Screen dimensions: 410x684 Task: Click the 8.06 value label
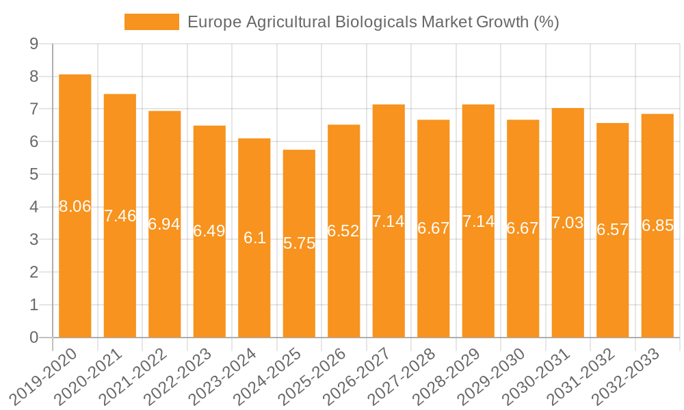click(75, 206)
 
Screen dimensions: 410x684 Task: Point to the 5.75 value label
click(299, 243)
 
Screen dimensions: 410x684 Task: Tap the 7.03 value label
click(568, 223)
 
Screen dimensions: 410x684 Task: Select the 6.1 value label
click(254, 238)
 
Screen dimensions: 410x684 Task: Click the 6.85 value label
click(657, 226)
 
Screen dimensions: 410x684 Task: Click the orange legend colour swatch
click(151, 22)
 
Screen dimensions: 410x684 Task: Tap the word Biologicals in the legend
click(376, 22)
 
